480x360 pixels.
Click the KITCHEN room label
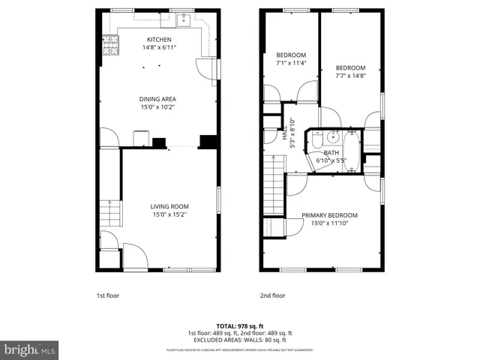pyautogui.click(x=159, y=40)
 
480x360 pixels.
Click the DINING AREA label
pyautogui.click(x=157, y=98)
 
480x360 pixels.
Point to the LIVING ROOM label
pyautogui.click(x=169, y=206)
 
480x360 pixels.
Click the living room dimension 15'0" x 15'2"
pyautogui.click(x=169, y=214)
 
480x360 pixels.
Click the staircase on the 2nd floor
pyautogui.click(x=273, y=193)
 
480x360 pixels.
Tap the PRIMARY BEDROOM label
pyautogui.click(x=329, y=215)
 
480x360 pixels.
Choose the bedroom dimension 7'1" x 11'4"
pyautogui.click(x=291, y=64)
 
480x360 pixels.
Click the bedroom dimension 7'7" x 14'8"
pyautogui.click(x=349, y=75)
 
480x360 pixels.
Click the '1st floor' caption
pyautogui.click(x=108, y=295)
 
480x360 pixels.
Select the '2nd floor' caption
pyautogui.click(x=272, y=295)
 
